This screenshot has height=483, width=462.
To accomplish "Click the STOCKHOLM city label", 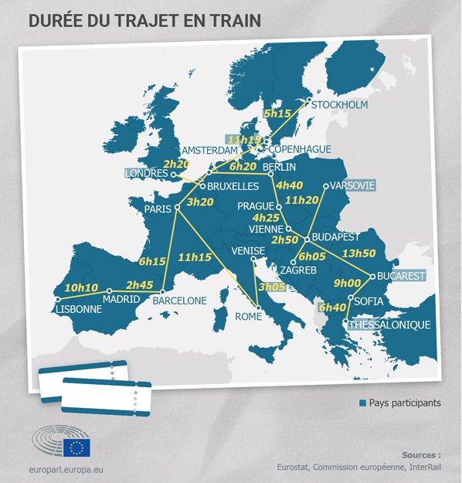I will click(x=338, y=104).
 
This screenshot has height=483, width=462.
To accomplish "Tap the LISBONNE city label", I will click(x=79, y=310).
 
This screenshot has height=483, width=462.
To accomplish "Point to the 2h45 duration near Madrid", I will click(x=141, y=284).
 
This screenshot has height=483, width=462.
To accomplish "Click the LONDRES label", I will click(x=146, y=174).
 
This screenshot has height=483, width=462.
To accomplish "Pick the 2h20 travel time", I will click(x=176, y=164).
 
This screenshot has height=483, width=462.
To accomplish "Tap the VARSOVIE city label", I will click(x=352, y=186).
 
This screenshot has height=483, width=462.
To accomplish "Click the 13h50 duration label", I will click(x=358, y=253).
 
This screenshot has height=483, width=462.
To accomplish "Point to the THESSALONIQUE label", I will click(x=389, y=325).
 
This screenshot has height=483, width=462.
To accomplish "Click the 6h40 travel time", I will click(x=333, y=308).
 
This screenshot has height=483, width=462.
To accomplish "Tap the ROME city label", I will click(x=249, y=316).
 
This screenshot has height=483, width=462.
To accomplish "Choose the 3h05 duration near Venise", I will click(x=272, y=287).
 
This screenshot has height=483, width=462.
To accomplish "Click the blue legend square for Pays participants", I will click(x=362, y=403).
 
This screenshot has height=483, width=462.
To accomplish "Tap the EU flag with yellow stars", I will click(x=77, y=447).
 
